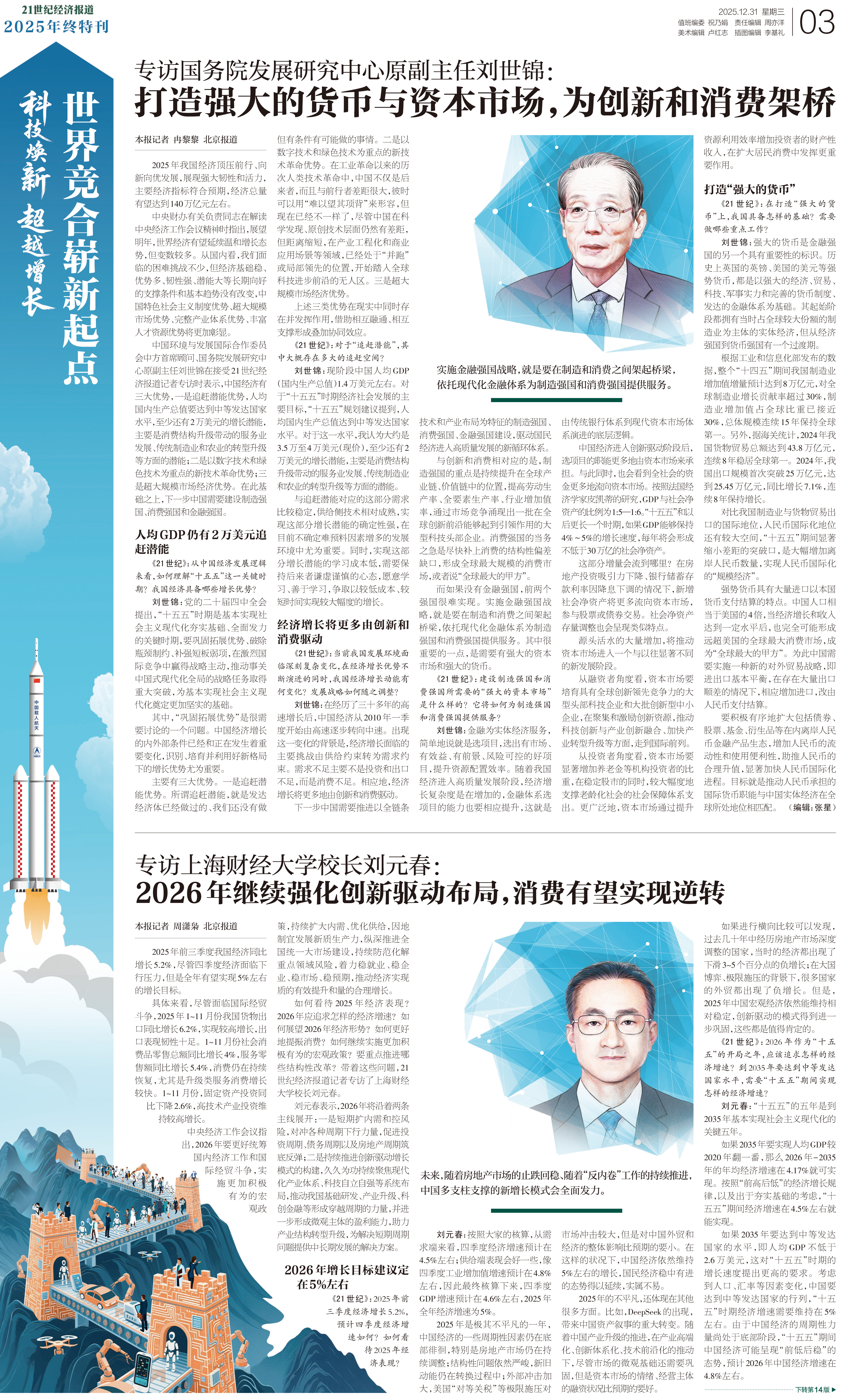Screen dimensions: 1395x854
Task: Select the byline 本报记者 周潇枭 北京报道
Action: pyautogui.click(x=186, y=926)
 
